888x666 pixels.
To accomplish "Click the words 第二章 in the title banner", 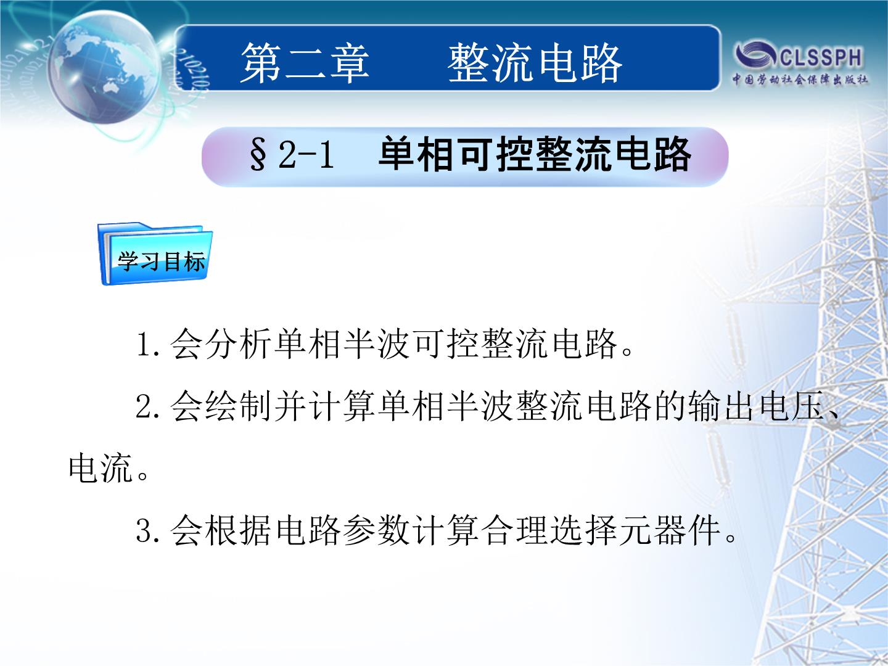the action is pos(305,64).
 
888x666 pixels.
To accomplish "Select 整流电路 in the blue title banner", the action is pos(535,64).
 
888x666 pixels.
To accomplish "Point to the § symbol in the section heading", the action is pos(258,154).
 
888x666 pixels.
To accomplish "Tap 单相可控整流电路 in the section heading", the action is pos(535,154).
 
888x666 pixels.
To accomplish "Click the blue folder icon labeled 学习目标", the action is pos(155,253).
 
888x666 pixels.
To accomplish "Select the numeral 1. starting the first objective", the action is pos(148,344).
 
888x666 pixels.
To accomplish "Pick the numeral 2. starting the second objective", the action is pos(147,406).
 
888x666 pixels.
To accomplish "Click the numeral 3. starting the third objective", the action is pos(147,530).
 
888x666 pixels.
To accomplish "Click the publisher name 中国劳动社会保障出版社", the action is pos(800,80).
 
